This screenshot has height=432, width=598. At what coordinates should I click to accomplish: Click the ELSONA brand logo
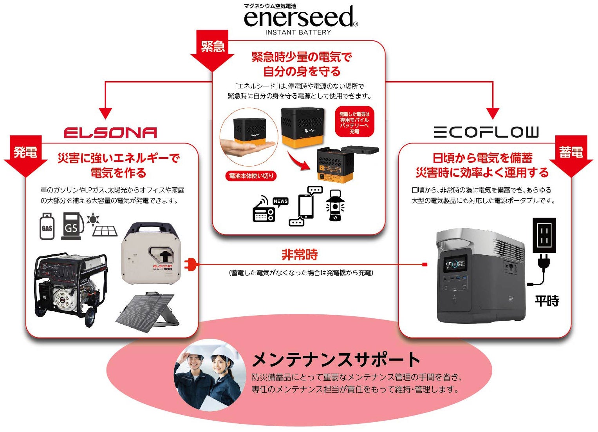coord(110,133)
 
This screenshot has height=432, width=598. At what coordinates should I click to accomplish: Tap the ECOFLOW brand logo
coord(486,132)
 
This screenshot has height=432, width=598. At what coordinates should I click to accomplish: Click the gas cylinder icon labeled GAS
coord(47,226)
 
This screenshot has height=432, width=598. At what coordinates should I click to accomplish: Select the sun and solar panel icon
coord(103,225)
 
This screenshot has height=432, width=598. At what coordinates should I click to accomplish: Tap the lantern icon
coord(335,205)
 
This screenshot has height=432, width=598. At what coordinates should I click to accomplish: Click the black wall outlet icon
coord(544,235)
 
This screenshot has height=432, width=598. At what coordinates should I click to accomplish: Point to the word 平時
coord(547,301)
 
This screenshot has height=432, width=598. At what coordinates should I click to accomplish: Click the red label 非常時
coord(300,255)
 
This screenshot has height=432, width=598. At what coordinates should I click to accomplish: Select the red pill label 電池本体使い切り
coord(251,176)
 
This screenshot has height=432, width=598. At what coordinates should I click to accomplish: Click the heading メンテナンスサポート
coord(336,359)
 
